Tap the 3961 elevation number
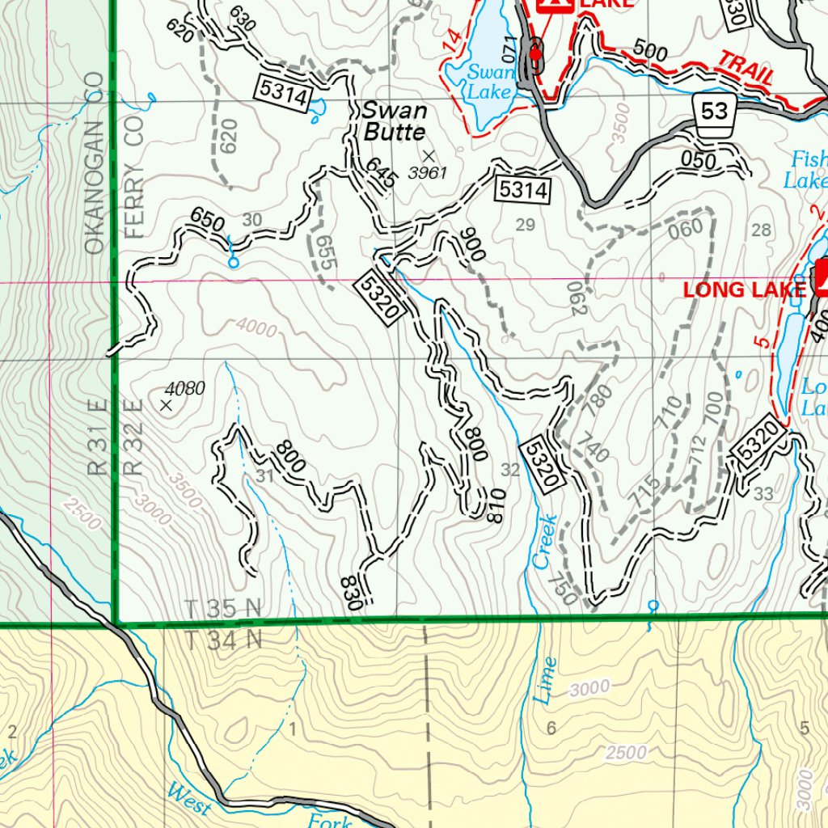click(427, 173)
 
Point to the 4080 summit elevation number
click(184, 389)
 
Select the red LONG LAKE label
click(746, 289)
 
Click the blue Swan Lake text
click(490, 82)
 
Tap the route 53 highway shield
click(715, 110)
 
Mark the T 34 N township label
click(223, 640)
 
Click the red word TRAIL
click(746, 68)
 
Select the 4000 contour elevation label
click(256, 328)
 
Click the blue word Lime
click(546, 678)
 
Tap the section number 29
click(526, 225)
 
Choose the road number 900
click(473, 244)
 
